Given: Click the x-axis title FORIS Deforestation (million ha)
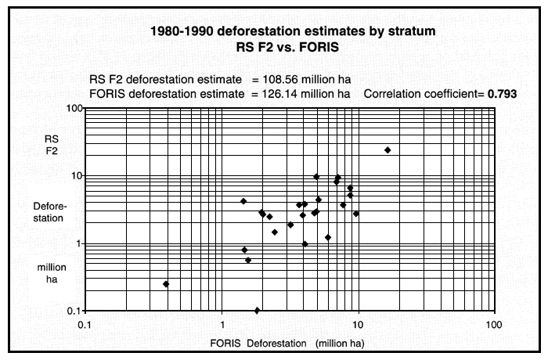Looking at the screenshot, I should (x=287, y=343).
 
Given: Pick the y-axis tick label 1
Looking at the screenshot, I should (x=78, y=243).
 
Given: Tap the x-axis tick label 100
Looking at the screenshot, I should (x=493, y=324).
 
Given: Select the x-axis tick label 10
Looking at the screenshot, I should (x=358, y=324).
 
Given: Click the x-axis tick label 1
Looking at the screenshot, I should (x=222, y=324).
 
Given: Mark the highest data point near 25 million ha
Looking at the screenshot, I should (x=388, y=149).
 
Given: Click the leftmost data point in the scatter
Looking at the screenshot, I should (x=166, y=284).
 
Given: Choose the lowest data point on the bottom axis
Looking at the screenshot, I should (x=257, y=311).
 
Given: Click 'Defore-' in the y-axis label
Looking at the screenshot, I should (x=49, y=206).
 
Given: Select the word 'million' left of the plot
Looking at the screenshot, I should (x=49, y=268).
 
